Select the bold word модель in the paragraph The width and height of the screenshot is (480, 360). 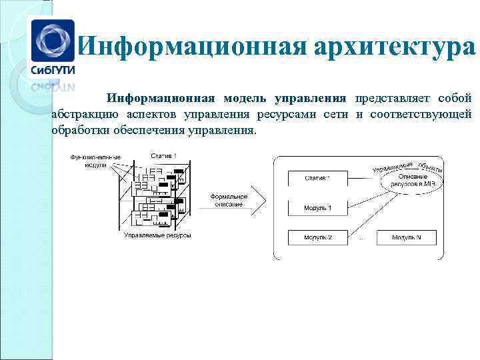point(244,99)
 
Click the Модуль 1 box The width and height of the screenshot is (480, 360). point(317,207)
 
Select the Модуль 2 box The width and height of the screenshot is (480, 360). point(317,237)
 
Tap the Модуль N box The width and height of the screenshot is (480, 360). point(406,237)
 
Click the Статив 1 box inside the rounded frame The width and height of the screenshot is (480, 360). point(317,178)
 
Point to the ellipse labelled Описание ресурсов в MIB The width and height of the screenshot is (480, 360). point(407,179)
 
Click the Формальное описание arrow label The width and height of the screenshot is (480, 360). point(229,200)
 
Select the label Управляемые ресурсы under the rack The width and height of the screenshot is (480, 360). point(157,235)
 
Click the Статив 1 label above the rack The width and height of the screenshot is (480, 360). point(163,155)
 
